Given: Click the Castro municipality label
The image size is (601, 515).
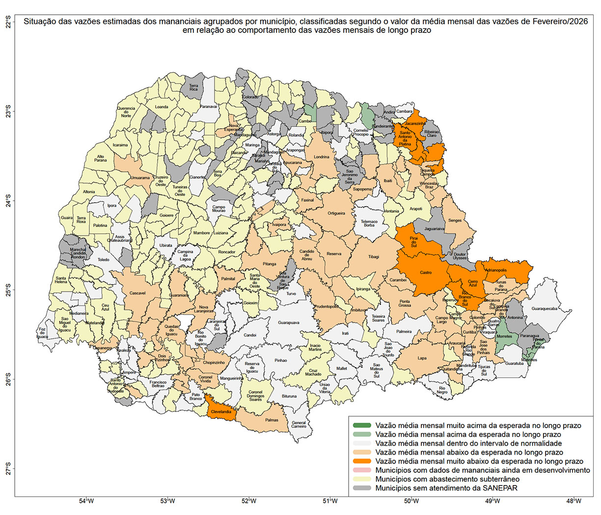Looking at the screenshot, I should (426, 272).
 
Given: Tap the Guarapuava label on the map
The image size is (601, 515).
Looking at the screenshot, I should (289, 323).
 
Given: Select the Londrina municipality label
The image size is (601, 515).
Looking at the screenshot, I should (322, 157).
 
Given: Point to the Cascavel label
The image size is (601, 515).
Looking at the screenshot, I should (137, 293).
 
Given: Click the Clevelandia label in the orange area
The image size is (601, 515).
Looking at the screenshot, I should (221, 412).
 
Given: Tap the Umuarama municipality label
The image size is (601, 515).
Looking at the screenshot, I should (140, 178).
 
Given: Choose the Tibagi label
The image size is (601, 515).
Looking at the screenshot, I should (374, 257).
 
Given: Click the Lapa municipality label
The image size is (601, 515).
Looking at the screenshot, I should (422, 358).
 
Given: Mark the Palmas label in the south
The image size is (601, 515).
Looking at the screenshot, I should (272, 420).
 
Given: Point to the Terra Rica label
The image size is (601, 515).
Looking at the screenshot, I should (194, 87).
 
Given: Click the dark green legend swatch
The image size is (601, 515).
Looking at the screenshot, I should (362, 426).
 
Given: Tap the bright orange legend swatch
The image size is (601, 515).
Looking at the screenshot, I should (362, 461).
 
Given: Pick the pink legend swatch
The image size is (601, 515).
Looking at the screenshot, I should (362, 470).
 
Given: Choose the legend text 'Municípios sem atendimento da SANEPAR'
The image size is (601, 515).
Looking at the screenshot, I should (446, 488).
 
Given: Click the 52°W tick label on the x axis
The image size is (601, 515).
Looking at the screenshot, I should (249, 501).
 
